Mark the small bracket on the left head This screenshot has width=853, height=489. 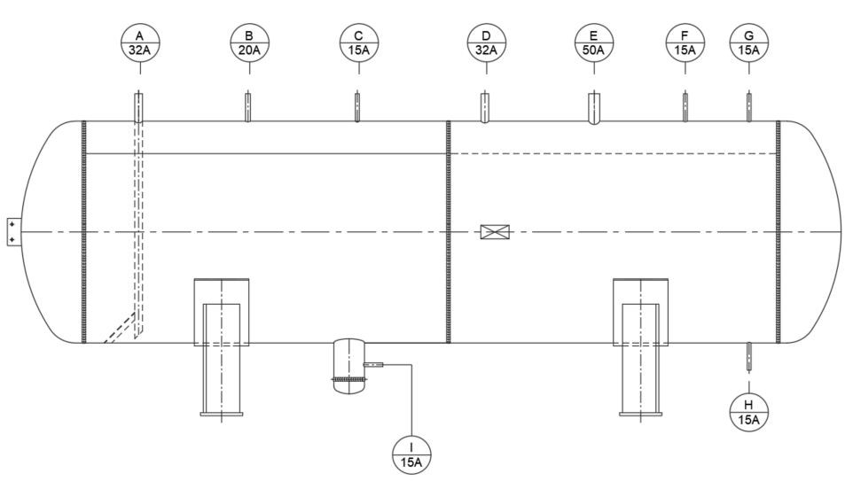[12, 232]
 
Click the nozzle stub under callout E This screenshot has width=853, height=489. [593, 110]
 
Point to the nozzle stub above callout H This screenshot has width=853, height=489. [749, 355]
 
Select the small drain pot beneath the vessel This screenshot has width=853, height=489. [348, 363]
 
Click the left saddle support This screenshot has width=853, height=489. [221, 345]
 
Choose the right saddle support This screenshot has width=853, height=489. [640, 345]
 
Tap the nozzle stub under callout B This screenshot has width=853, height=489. [248, 107]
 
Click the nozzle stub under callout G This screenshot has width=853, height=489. [749, 107]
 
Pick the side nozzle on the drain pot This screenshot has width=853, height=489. [374, 364]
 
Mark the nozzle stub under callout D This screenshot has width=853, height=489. [486, 108]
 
